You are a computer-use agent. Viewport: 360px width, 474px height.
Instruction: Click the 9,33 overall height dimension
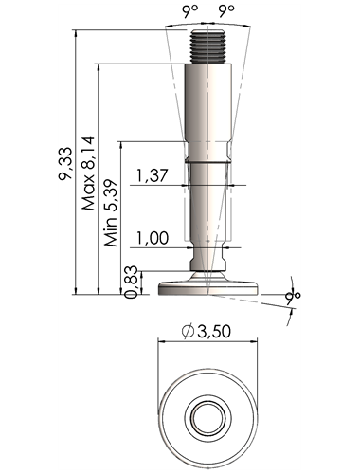[66, 163]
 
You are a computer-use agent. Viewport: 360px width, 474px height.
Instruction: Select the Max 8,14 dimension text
[88, 173]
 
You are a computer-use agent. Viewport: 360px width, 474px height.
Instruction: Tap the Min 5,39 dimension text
[111, 213]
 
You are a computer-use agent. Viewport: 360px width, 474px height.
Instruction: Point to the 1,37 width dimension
[152, 175]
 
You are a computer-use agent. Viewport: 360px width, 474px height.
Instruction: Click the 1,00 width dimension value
[153, 238]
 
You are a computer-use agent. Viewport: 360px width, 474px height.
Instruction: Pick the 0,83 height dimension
[132, 282]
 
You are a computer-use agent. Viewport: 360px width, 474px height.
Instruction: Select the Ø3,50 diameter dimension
[207, 331]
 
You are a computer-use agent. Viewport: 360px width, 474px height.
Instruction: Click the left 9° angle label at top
[189, 11]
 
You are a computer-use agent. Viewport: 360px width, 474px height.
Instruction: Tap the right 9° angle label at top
[226, 11]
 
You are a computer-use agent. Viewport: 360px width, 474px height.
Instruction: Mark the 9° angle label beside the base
[293, 298]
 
